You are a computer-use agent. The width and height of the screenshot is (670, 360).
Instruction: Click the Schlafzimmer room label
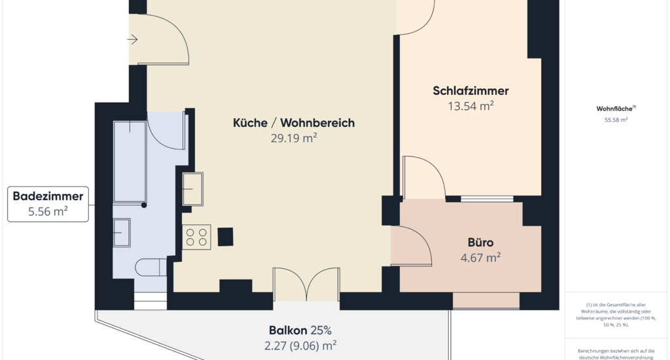(470, 90)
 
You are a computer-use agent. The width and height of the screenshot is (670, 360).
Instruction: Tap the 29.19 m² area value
(294, 138)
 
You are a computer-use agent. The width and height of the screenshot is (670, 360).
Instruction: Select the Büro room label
(480, 242)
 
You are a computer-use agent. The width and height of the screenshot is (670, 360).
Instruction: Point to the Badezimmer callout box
(48, 204)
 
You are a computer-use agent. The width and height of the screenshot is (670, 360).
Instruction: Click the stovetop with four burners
(196, 238)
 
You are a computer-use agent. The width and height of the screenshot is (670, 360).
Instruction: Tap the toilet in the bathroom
(151, 267)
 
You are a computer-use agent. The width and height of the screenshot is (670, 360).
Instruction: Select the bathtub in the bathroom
(130, 162)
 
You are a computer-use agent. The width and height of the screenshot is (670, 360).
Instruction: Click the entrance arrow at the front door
(132, 40)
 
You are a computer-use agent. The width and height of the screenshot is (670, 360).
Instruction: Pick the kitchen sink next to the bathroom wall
(193, 189)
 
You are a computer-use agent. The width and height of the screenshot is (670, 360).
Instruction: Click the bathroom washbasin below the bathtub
(122, 232)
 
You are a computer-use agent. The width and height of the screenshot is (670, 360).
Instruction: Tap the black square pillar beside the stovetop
(226, 237)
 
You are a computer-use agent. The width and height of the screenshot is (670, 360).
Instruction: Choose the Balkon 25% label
(300, 331)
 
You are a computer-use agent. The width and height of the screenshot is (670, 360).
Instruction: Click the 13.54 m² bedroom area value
(470, 106)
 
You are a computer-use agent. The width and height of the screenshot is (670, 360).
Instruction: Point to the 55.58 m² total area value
(616, 120)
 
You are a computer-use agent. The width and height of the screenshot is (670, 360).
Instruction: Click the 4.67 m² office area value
(480, 258)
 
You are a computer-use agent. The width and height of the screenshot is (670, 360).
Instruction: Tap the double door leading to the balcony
(306, 284)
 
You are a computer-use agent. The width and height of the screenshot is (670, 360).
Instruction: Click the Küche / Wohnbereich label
(294, 122)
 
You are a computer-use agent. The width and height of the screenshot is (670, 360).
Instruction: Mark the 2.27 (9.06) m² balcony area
(300, 346)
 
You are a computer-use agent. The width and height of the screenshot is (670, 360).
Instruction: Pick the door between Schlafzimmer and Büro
(424, 177)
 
